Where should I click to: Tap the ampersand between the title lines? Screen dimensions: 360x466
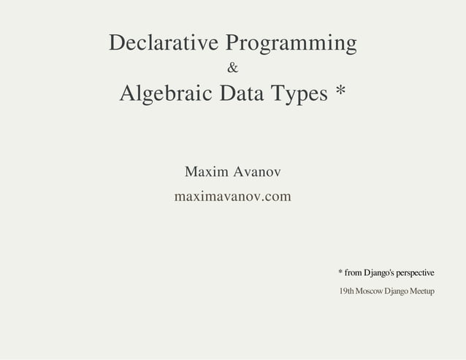tap(232, 69)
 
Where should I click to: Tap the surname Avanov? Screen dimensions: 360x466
tap(256, 173)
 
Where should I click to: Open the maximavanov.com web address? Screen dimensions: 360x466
tap(232, 196)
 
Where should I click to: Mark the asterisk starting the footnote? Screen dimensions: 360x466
tap(340, 272)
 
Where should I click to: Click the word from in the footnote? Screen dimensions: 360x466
tap(354, 273)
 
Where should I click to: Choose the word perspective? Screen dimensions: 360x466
tap(416, 274)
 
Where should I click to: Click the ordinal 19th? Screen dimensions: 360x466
tap(346, 292)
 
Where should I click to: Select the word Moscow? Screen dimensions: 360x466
tap(370, 292)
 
